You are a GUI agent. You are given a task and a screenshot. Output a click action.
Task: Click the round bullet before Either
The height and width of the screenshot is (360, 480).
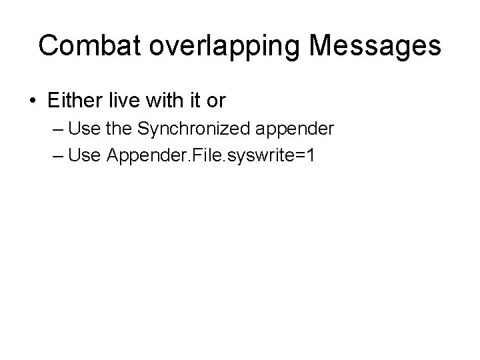[x=32, y=101]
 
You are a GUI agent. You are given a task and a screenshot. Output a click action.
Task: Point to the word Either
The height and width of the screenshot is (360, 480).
[x=75, y=101]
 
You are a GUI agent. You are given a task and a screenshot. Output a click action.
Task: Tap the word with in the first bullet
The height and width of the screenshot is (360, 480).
[x=163, y=101]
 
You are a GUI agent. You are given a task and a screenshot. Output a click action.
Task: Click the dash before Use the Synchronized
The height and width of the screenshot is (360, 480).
[x=57, y=128]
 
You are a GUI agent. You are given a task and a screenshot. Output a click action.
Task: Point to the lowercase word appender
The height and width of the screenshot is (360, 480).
[x=295, y=129]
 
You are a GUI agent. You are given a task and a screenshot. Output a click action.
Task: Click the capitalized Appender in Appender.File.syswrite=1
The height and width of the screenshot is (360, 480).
[x=138, y=155]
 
